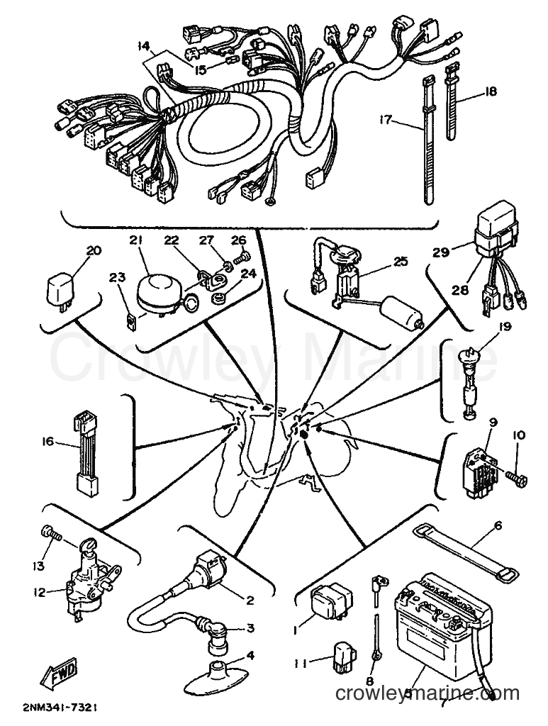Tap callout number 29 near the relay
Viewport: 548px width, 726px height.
[442, 252]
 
